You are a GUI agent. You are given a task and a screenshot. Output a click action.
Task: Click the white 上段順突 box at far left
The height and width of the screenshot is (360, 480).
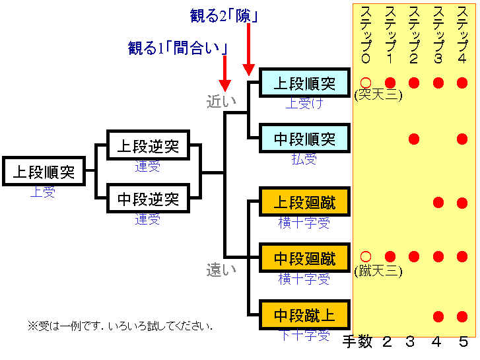click(44, 172)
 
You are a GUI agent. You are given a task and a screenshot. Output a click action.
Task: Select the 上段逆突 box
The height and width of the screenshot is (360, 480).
click(148, 146)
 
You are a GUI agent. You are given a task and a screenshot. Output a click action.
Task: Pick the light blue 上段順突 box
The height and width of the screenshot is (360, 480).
click(304, 83)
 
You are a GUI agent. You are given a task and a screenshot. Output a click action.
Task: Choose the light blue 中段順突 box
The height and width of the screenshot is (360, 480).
click(304, 139)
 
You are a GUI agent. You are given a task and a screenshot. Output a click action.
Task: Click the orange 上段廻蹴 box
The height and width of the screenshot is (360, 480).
click(304, 201)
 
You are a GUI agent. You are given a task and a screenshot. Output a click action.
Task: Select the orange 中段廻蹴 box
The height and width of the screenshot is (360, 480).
click(304, 258)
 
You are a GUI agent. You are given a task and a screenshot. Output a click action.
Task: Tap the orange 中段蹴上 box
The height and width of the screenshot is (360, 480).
click(304, 315)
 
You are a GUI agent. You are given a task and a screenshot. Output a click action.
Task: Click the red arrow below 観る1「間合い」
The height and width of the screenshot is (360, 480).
click(224, 73)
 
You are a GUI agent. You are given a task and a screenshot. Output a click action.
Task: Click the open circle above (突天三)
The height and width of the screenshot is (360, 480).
click(366, 83)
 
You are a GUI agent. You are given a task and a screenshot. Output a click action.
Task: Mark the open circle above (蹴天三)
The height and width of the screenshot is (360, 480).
click(366, 256)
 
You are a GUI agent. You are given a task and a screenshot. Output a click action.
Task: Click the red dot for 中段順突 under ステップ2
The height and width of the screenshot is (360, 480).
click(414, 139)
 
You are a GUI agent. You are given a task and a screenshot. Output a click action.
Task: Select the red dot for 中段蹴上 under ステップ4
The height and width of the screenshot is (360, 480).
click(462, 315)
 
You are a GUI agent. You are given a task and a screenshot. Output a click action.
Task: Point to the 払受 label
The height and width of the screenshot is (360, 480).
click(304, 159)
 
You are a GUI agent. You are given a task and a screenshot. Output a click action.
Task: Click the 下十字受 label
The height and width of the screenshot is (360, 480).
click(304, 335)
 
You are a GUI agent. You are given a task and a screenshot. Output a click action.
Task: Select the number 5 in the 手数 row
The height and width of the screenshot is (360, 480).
click(463, 342)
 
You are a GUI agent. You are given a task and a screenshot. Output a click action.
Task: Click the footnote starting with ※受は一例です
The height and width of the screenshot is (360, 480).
click(120, 326)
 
